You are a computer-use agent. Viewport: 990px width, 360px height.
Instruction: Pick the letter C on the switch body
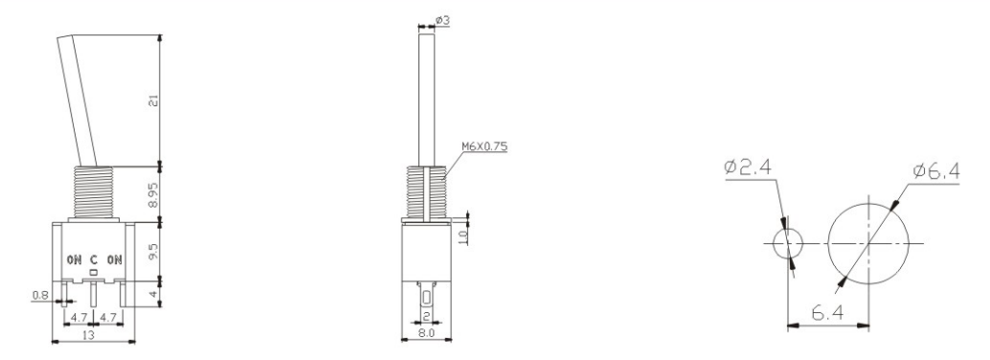click(x=94, y=259)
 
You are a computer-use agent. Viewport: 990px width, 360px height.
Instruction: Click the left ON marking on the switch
click(x=74, y=259)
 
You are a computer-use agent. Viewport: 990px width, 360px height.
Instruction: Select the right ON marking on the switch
click(x=115, y=259)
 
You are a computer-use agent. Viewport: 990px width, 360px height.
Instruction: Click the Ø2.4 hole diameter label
click(x=750, y=170)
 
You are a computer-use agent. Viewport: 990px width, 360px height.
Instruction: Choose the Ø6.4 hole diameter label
click(x=936, y=170)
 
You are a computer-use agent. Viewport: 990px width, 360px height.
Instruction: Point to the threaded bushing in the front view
click(x=92, y=192)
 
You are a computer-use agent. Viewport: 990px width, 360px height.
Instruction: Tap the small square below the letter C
click(x=94, y=273)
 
